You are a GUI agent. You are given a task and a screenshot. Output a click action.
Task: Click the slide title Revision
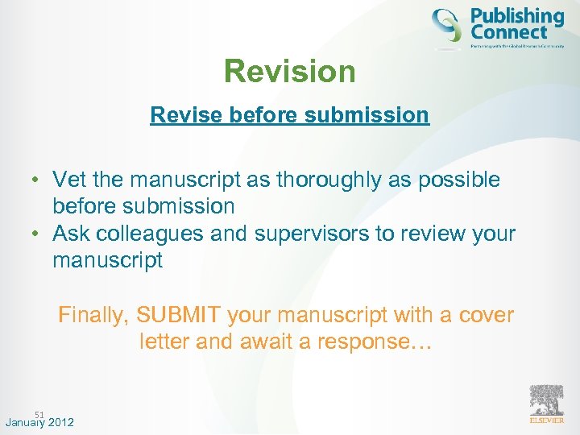[289, 72]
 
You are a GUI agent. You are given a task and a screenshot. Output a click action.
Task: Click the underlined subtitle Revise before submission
[289, 114]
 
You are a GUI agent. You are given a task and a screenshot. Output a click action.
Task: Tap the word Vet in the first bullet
[70, 180]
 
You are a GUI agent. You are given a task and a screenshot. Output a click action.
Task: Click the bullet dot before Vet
[37, 180]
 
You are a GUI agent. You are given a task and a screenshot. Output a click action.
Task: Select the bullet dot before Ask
[37, 234]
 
